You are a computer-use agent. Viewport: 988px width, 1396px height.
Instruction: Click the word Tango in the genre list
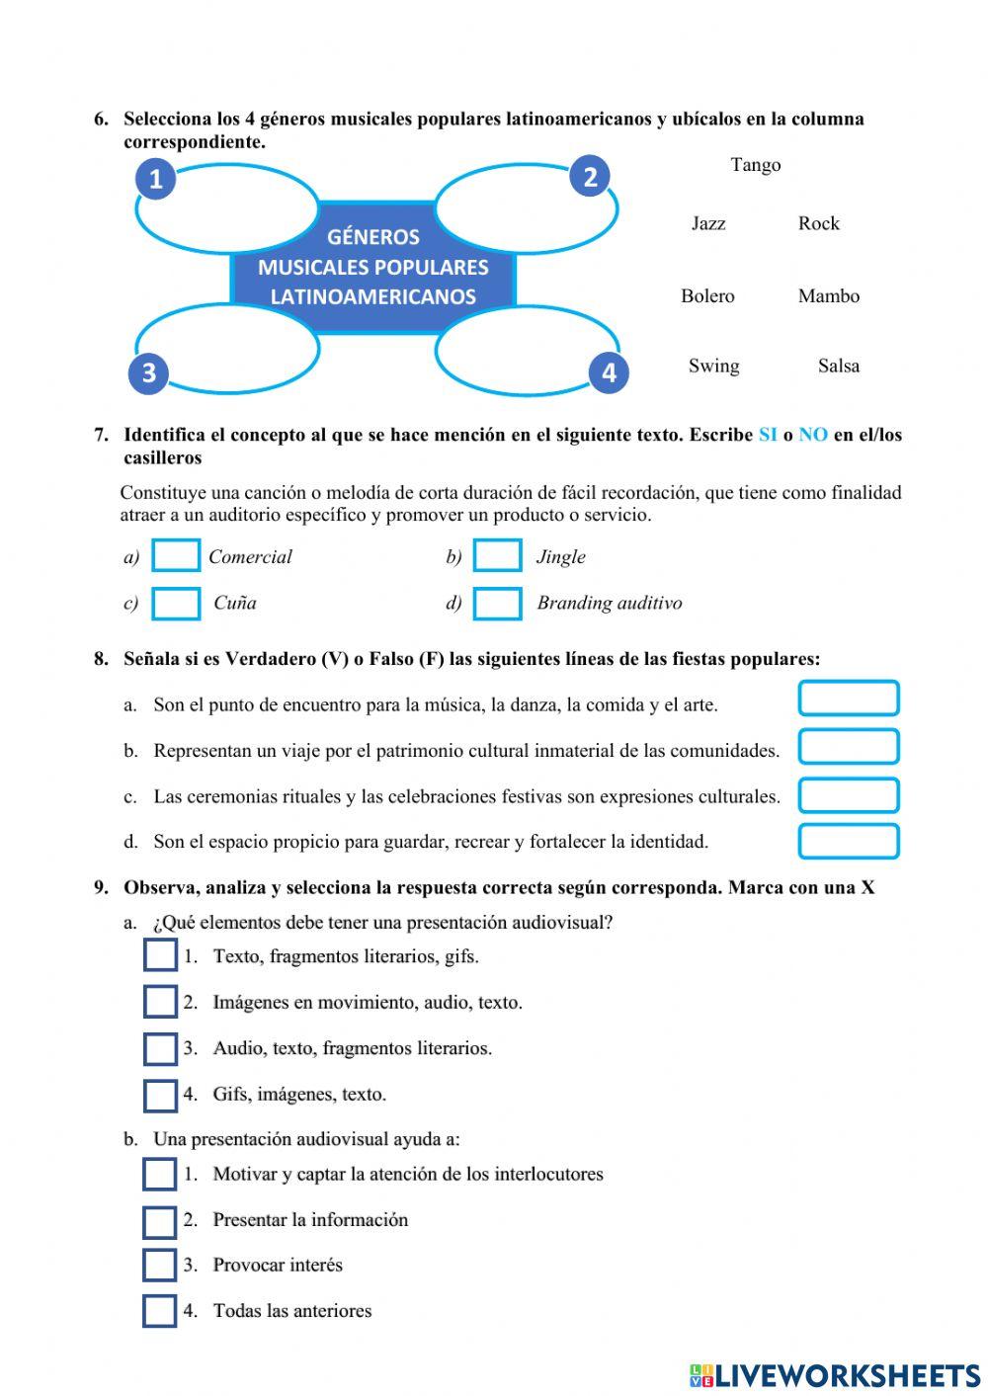point(755,165)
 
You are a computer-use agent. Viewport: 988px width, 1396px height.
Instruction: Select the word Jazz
point(708,223)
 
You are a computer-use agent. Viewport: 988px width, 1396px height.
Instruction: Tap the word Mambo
point(828,295)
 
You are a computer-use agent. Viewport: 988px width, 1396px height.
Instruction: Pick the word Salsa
point(838,366)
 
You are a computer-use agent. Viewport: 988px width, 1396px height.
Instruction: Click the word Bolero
point(707,295)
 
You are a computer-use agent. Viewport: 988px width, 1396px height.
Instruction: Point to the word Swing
point(713,366)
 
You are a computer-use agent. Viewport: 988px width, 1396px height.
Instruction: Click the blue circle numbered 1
point(155,179)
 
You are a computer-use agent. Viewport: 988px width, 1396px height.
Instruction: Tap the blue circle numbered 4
point(609,372)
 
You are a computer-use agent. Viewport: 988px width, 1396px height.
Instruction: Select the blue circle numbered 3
point(149,372)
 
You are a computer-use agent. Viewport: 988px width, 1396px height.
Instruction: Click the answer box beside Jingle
point(497,556)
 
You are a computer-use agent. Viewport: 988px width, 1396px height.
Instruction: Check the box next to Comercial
point(177,556)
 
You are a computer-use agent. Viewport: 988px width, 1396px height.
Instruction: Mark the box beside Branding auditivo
point(497,604)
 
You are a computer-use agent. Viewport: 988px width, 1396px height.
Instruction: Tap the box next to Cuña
point(177,604)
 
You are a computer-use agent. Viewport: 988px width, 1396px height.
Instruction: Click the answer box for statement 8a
point(849,698)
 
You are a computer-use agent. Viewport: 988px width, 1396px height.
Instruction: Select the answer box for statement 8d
point(849,842)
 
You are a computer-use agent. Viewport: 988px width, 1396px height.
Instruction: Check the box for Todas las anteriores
point(160,1311)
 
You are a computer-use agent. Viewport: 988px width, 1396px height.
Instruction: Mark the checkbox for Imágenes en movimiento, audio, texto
point(160,1002)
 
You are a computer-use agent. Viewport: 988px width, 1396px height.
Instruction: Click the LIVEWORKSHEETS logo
point(835,1375)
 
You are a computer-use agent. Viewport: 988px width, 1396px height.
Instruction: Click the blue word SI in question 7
point(768,435)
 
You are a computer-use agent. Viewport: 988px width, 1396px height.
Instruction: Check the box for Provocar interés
point(160,1266)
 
